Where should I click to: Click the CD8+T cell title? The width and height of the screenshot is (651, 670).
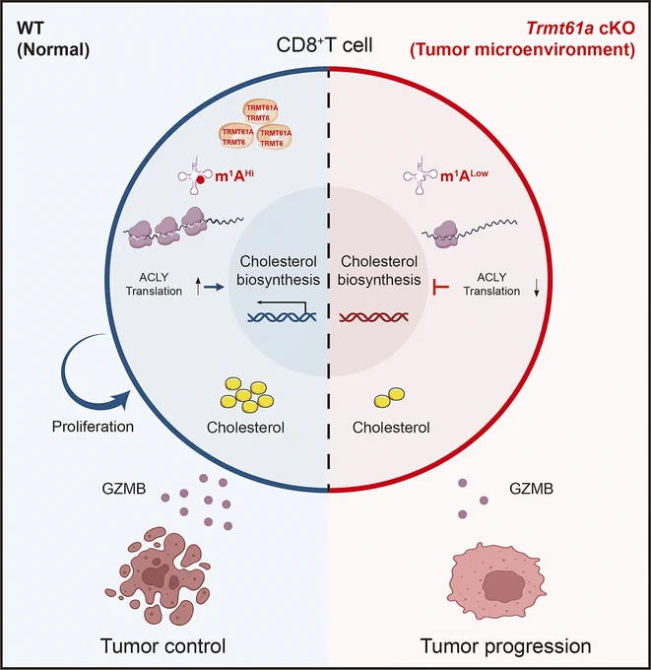point(324,45)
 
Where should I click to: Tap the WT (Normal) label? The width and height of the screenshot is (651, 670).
point(53,39)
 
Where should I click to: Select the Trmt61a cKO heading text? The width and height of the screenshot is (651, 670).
point(580,29)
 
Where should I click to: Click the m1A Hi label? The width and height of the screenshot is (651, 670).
point(234,175)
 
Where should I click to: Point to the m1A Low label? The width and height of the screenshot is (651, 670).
point(464,175)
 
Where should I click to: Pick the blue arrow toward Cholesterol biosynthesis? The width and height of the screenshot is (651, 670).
point(214,287)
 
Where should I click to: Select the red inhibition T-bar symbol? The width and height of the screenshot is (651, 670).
point(440,287)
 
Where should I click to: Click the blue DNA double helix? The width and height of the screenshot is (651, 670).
point(282,316)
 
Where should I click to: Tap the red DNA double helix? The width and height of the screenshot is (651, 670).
point(374,316)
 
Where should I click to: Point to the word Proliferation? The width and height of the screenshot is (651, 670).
point(93,427)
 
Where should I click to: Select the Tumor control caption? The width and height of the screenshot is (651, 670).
point(163,646)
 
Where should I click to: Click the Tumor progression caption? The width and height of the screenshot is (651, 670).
point(506,646)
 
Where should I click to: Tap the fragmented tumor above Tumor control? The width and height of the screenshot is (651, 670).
point(158,575)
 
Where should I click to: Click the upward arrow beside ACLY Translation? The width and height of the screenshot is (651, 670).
point(198,287)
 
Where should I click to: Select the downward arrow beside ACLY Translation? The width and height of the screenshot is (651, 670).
point(537,289)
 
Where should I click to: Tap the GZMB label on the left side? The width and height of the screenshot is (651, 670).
point(124,489)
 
